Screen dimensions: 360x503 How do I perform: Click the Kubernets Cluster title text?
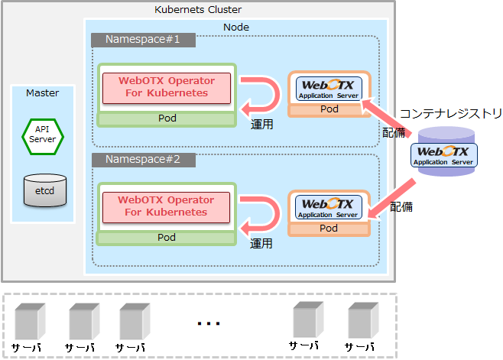pyautogui.click(x=197, y=9)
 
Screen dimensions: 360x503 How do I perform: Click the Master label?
pyautogui.click(x=43, y=92)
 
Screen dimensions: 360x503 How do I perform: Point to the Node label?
pyautogui.click(x=235, y=28)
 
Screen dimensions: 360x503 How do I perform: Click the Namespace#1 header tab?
pyautogui.click(x=142, y=40)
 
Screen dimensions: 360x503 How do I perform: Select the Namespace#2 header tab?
pyautogui.click(x=142, y=160)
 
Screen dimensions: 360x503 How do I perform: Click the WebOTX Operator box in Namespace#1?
pyautogui.click(x=166, y=87)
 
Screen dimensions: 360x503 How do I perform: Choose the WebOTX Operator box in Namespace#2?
pyautogui.click(x=166, y=206)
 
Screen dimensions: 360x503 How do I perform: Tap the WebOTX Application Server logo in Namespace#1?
pyautogui.click(x=329, y=88)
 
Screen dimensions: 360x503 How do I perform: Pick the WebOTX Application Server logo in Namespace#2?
pyautogui.click(x=329, y=207)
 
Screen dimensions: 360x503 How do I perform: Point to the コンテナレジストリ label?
pyautogui.click(x=451, y=115)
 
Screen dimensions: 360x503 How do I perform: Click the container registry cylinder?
pyautogui.click(x=444, y=154)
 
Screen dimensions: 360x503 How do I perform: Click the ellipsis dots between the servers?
pyautogui.click(x=208, y=324)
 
